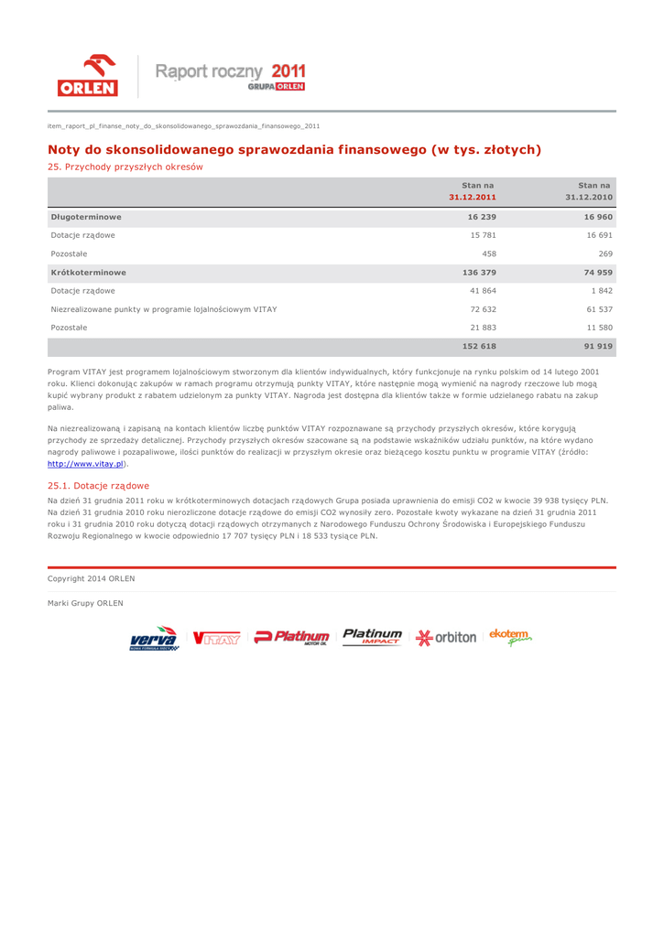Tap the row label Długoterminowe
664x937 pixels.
point(87,218)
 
